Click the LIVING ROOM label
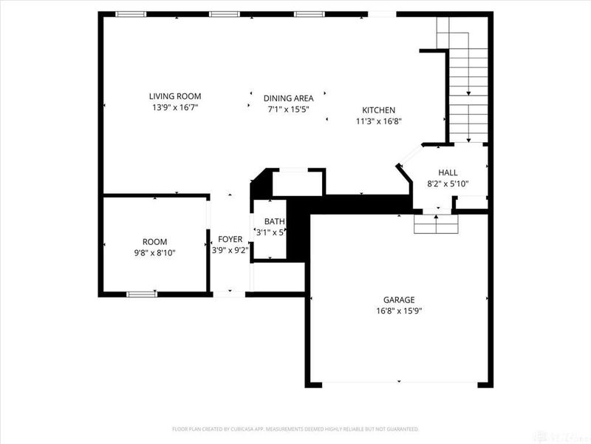tap(175, 96)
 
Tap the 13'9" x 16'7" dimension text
tap(175, 107)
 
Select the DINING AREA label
tap(288, 98)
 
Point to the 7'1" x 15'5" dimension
tap(288, 110)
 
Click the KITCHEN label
tap(378, 110)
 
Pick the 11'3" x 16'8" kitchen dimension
tap(378, 121)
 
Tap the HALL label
tap(448, 172)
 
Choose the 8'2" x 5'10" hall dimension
tap(448, 184)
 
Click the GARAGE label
tap(398, 300)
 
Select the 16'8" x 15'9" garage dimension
tap(398, 311)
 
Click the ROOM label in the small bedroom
tap(154, 242)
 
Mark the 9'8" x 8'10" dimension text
tap(154, 253)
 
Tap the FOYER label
tap(230, 239)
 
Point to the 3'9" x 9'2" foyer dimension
tap(230, 251)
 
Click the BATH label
tap(275, 221)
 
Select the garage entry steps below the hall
tap(436, 223)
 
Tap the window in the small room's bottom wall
tap(141, 294)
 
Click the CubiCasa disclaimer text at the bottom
tap(295, 428)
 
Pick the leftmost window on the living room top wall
tap(131, 13)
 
